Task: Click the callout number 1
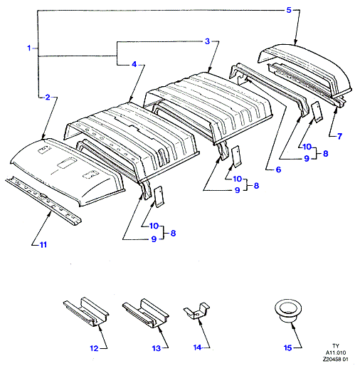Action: (x=29, y=48)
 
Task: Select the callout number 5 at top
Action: (x=289, y=10)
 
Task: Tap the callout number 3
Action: (x=207, y=41)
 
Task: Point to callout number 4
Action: (x=134, y=64)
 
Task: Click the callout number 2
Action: (x=48, y=97)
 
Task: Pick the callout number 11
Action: (x=43, y=244)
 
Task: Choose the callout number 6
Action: (x=278, y=169)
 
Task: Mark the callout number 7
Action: (x=339, y=136)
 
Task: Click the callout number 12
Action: (x=94, y=348)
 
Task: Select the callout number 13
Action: (x=157, y=348)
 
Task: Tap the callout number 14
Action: (x=197, y=347)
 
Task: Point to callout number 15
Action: (x=287, y=347)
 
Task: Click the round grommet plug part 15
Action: (x=288, y=311)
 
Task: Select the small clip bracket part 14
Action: (x=196, y=310)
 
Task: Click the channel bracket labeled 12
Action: (x=86, y=312)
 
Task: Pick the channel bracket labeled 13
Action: (x=145, y=313)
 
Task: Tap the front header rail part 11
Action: (x=43, y=201)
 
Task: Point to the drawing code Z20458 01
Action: (x=335, y=359)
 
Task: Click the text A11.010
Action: (x=336, y=352)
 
